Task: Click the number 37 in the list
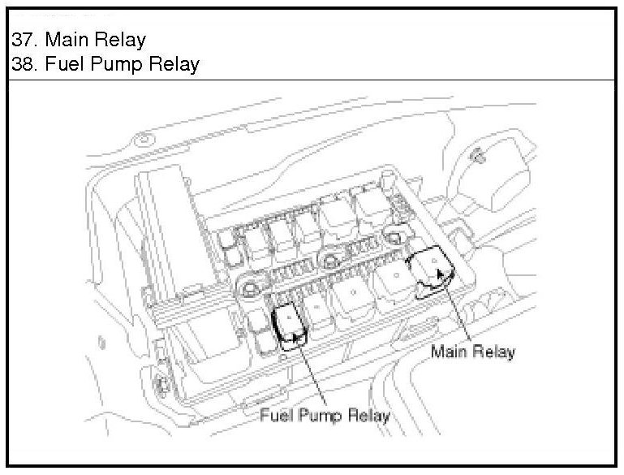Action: [x=23, y=40]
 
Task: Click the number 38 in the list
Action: [x=23, y=64]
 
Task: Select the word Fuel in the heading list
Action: [x=66, y=64]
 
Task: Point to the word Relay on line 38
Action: [x=174, y=64]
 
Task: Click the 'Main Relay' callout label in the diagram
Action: [x=472, y=352]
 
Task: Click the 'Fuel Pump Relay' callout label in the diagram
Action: [x=325, y=417]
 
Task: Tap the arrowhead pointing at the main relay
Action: [x=441, y=274]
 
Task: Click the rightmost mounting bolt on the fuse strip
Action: [x=395, y=238]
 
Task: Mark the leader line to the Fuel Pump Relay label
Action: [x=311, y=373]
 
